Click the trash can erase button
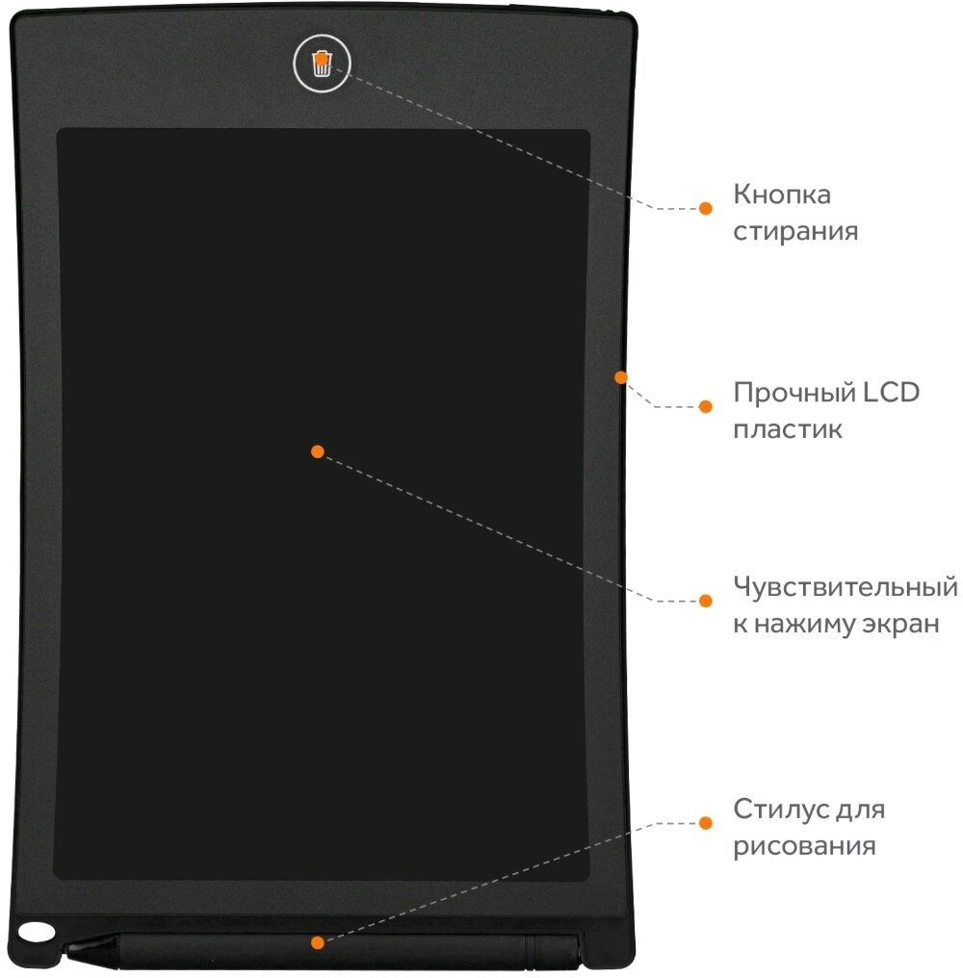322,64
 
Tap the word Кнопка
782,194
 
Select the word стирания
795,232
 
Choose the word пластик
788,429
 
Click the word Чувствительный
846,586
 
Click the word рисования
804,847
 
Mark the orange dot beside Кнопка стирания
705,208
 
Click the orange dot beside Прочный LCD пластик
705,406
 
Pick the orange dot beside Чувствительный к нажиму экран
705,600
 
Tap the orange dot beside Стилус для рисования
705,822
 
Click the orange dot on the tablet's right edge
620,376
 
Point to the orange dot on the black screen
317,450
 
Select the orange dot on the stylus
317,940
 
